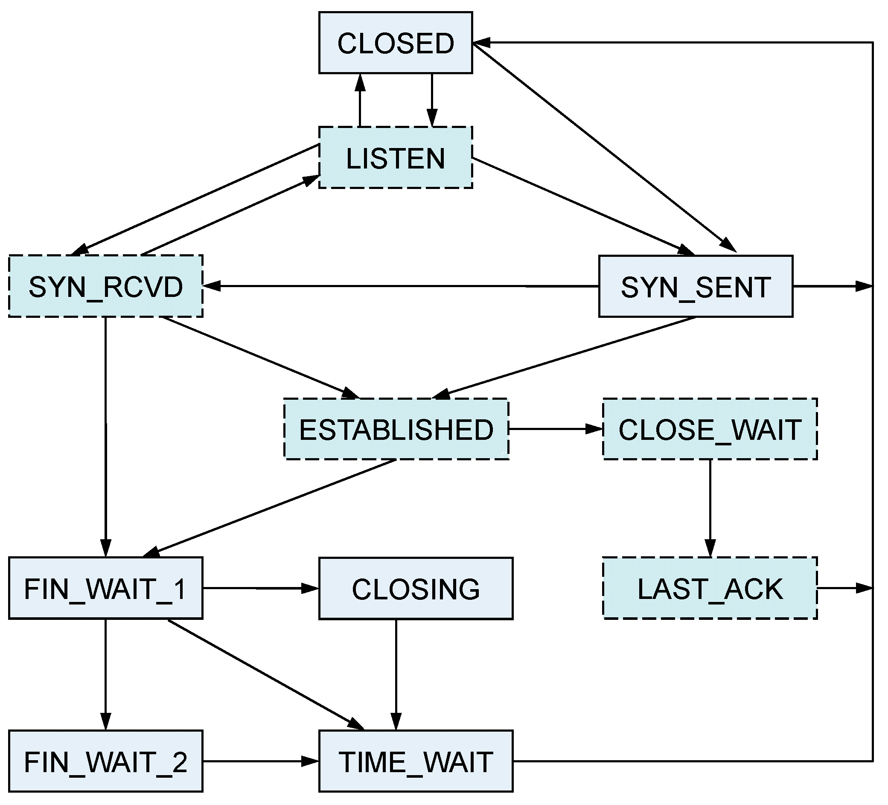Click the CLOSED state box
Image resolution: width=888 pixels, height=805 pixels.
395,43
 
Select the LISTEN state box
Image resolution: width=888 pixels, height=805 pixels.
395,158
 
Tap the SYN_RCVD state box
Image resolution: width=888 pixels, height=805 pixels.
105,286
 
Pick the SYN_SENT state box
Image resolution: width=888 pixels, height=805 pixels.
695,286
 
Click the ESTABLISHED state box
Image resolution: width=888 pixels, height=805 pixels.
396,429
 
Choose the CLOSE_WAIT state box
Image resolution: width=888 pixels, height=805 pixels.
709,429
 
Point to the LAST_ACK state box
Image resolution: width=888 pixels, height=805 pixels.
709,588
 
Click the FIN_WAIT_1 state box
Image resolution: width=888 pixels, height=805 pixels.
105,588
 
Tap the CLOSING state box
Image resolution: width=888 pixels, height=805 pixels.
415,588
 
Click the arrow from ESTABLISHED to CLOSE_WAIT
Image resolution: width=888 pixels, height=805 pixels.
555,429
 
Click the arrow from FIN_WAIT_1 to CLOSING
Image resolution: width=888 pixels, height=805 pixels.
260,588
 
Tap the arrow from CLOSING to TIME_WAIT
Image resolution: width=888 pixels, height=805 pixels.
396,674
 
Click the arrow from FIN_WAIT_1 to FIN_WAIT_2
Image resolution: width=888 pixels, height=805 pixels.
105,674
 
